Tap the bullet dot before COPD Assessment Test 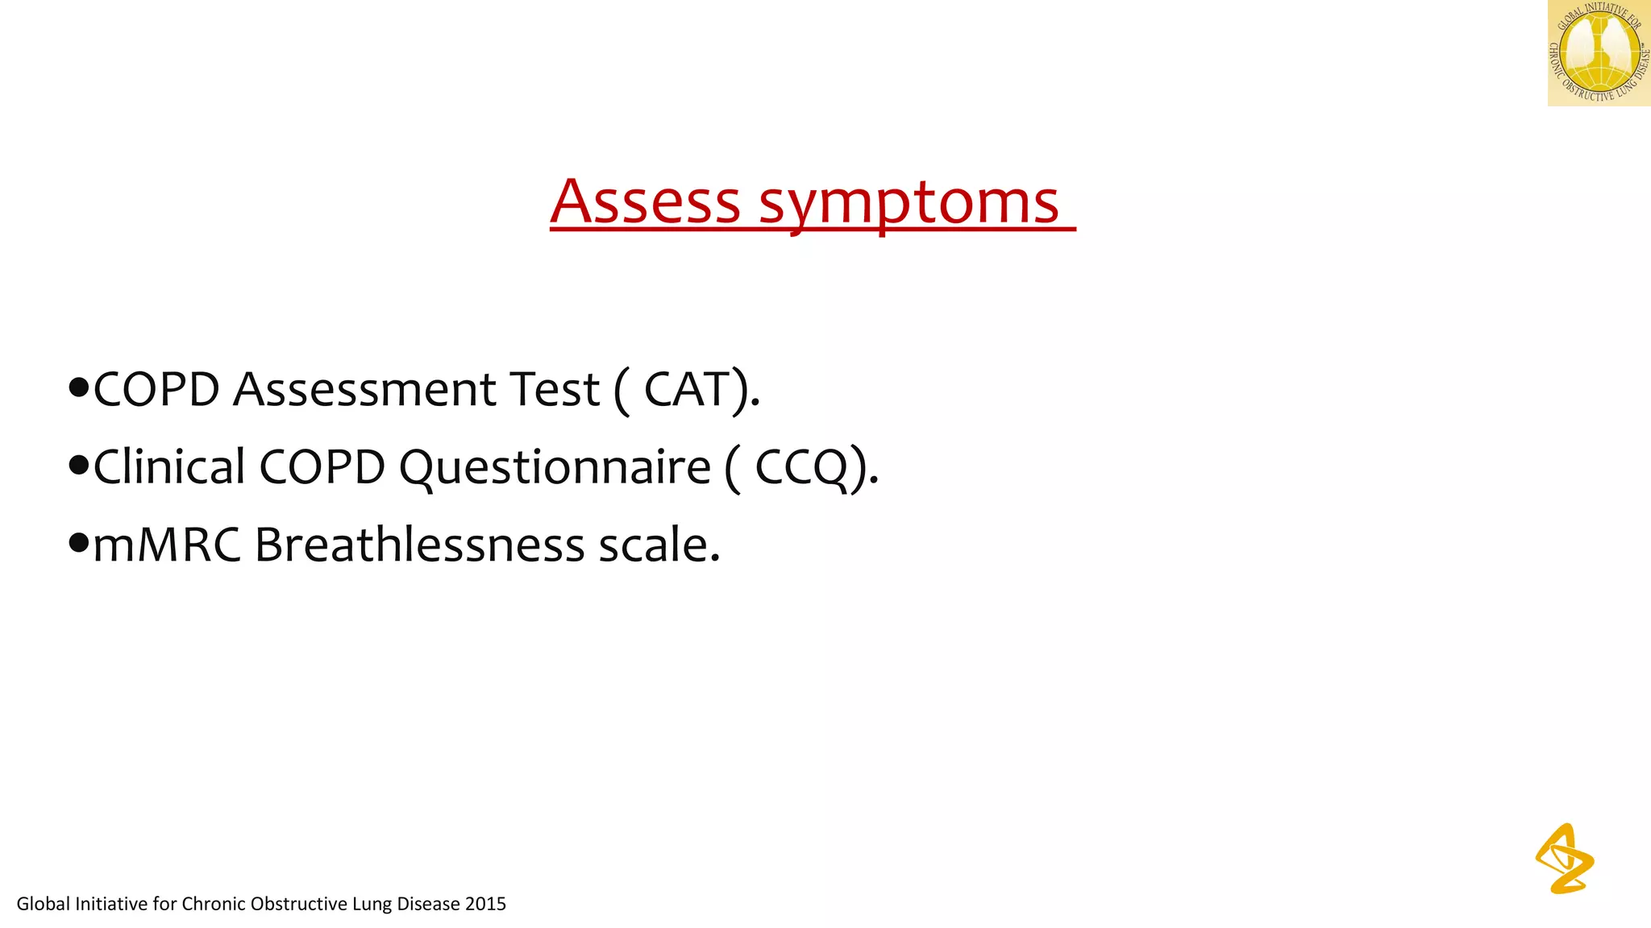coord(78,388)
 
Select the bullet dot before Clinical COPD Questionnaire coord(78,466)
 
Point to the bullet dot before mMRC coord(78,543)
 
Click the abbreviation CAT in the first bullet coord(687,390)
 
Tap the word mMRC coord(167,545)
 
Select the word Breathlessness coord(419,545)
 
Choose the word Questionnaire coord(555,467)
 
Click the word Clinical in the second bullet coord(169,467)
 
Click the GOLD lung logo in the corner coord(1599,53)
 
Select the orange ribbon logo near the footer coord(1564,859)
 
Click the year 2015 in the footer coord(485,904)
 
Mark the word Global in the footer coord(44,904)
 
